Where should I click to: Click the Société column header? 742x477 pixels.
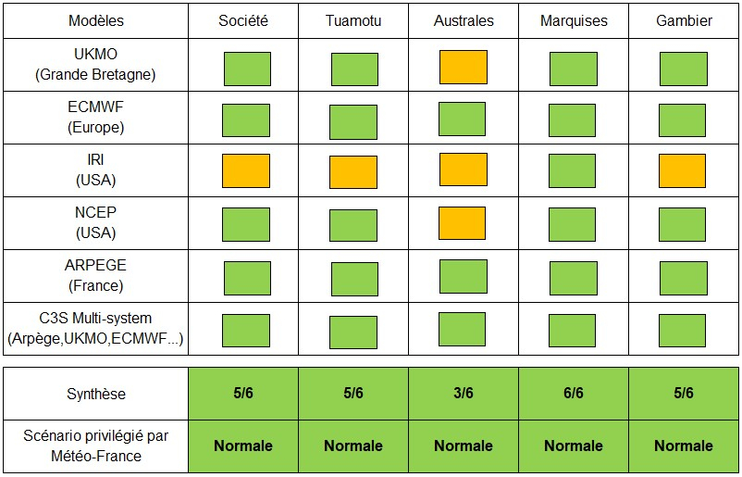tap(243, 20)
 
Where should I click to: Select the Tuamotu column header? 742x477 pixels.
tap(353, 20)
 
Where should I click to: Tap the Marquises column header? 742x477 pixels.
tap(573, 20)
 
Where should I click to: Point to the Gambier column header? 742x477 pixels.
tap(683, 20)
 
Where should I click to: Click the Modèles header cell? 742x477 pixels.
tap(96, 20)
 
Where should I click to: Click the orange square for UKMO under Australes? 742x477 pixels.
tap(463, 68)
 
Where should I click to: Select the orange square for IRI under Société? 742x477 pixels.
tap(246, 171)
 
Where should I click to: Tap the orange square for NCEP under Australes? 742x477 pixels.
tap(463, 223)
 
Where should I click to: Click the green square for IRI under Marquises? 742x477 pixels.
tap(572, 171)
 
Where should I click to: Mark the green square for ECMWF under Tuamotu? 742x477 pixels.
tap(353, 121)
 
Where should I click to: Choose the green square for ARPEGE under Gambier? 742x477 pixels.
tap(683, 277)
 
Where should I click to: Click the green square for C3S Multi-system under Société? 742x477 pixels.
tap(246, 330)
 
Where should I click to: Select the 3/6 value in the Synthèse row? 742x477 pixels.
tap(464, 394)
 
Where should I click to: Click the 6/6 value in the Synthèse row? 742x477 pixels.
tap(573, 394)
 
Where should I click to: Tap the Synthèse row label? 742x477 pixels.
tap(96, 394)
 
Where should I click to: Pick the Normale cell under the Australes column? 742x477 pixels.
tap(464, 446)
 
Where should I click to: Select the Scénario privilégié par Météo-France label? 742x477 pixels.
tap(96, 446)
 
